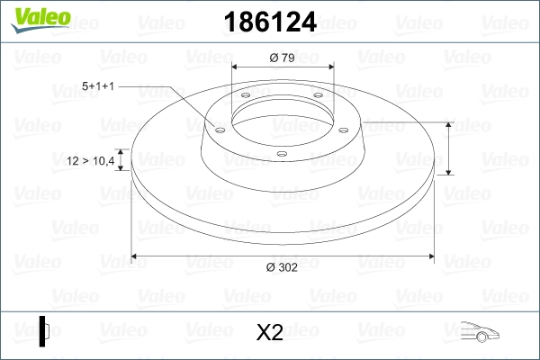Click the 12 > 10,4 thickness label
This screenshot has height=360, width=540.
pos(92,161)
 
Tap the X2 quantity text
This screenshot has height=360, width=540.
pos(270,333)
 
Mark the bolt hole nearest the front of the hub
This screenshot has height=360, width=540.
pos(282,154)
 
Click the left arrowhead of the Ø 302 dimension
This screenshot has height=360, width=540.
pos(135,256)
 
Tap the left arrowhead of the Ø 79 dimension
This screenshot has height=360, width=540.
pos(235,66)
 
